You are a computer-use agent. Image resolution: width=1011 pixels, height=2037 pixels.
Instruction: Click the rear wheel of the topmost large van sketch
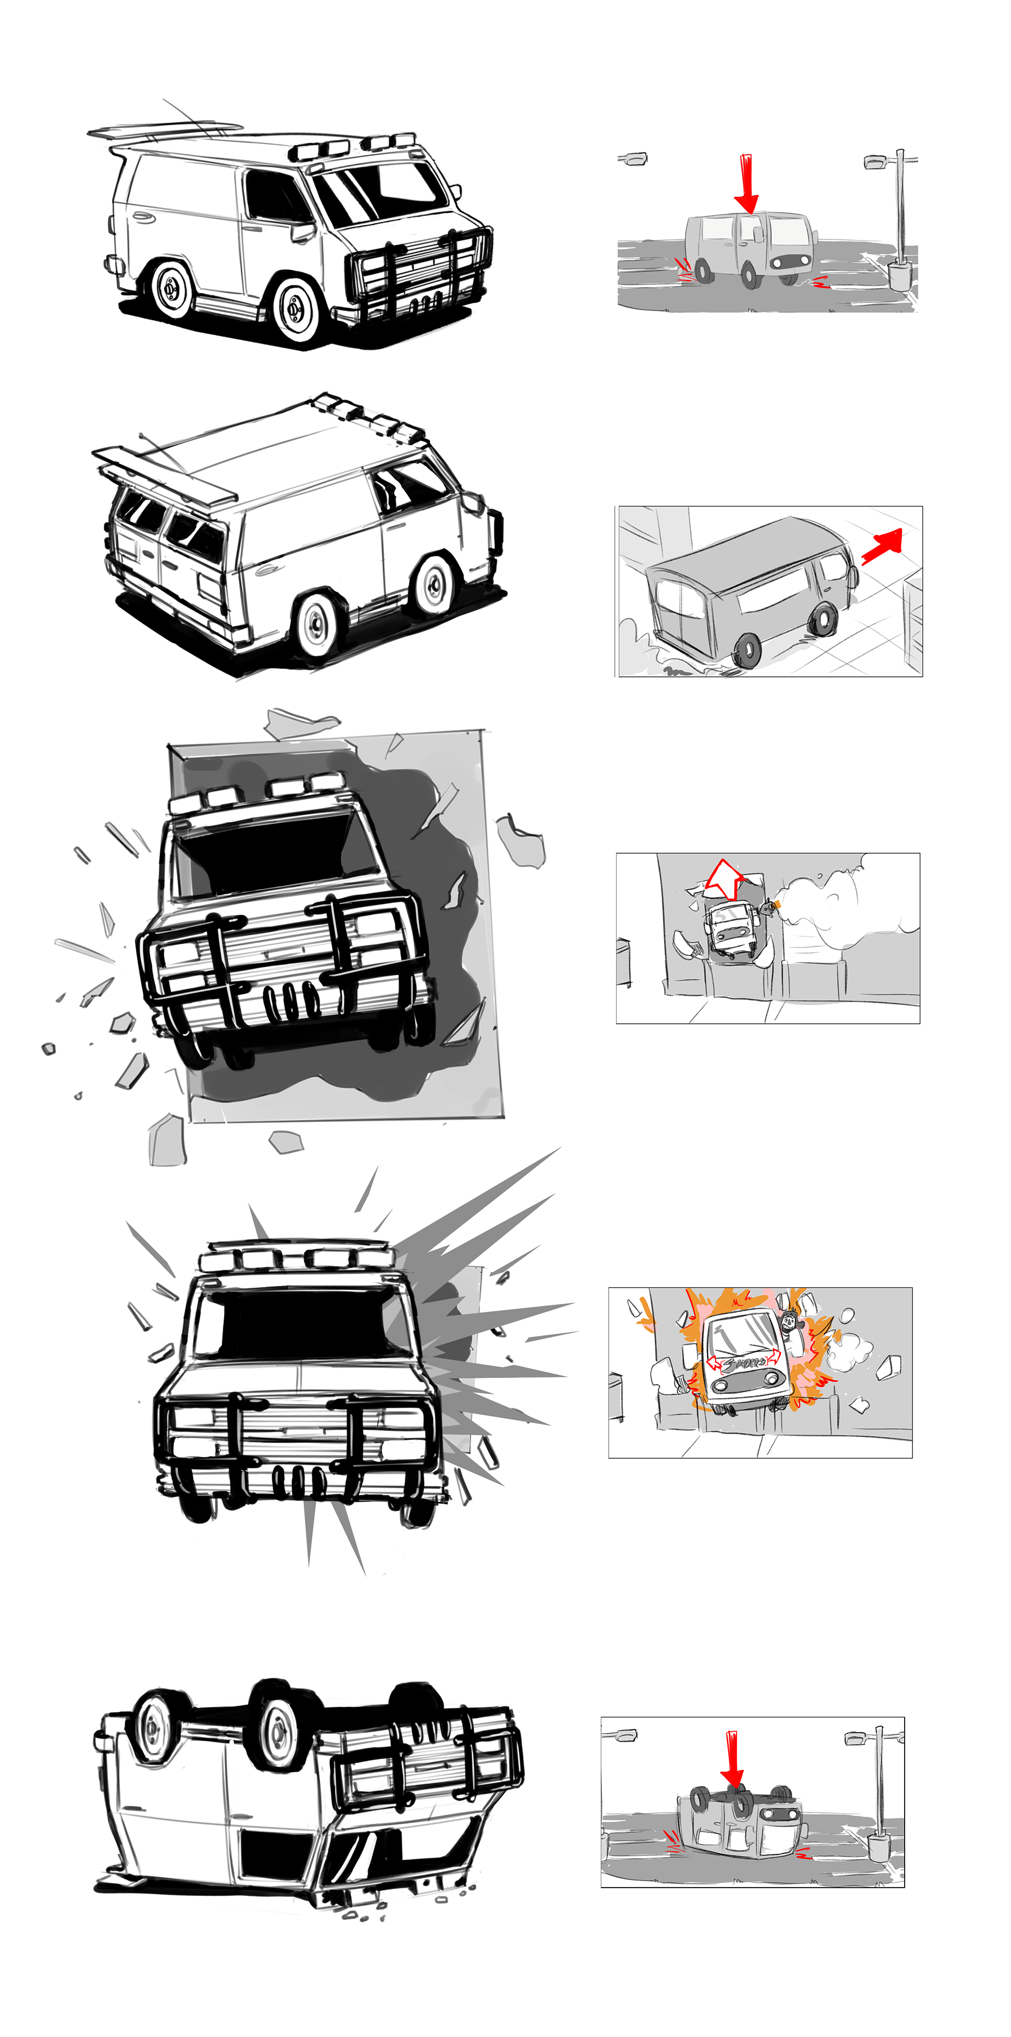pyautogui.click(x=171, y=289)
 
